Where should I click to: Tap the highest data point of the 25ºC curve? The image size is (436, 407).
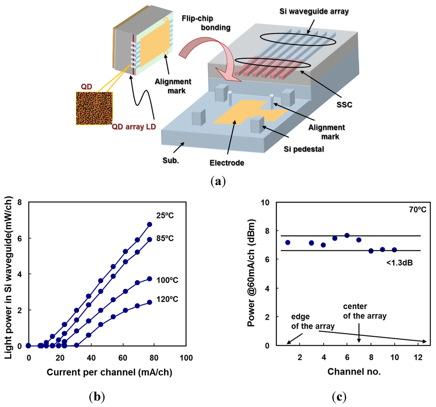click(149, 224)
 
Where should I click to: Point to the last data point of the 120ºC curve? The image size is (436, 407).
click(149, 302)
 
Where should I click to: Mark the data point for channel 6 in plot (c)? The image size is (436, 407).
click(347, 235)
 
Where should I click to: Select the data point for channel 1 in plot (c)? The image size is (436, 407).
click(288, 242)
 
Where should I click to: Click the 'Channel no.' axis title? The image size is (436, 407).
click(354, 371)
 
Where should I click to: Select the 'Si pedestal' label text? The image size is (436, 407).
click(300, 149)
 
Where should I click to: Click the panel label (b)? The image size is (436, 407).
click(95, 397)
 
